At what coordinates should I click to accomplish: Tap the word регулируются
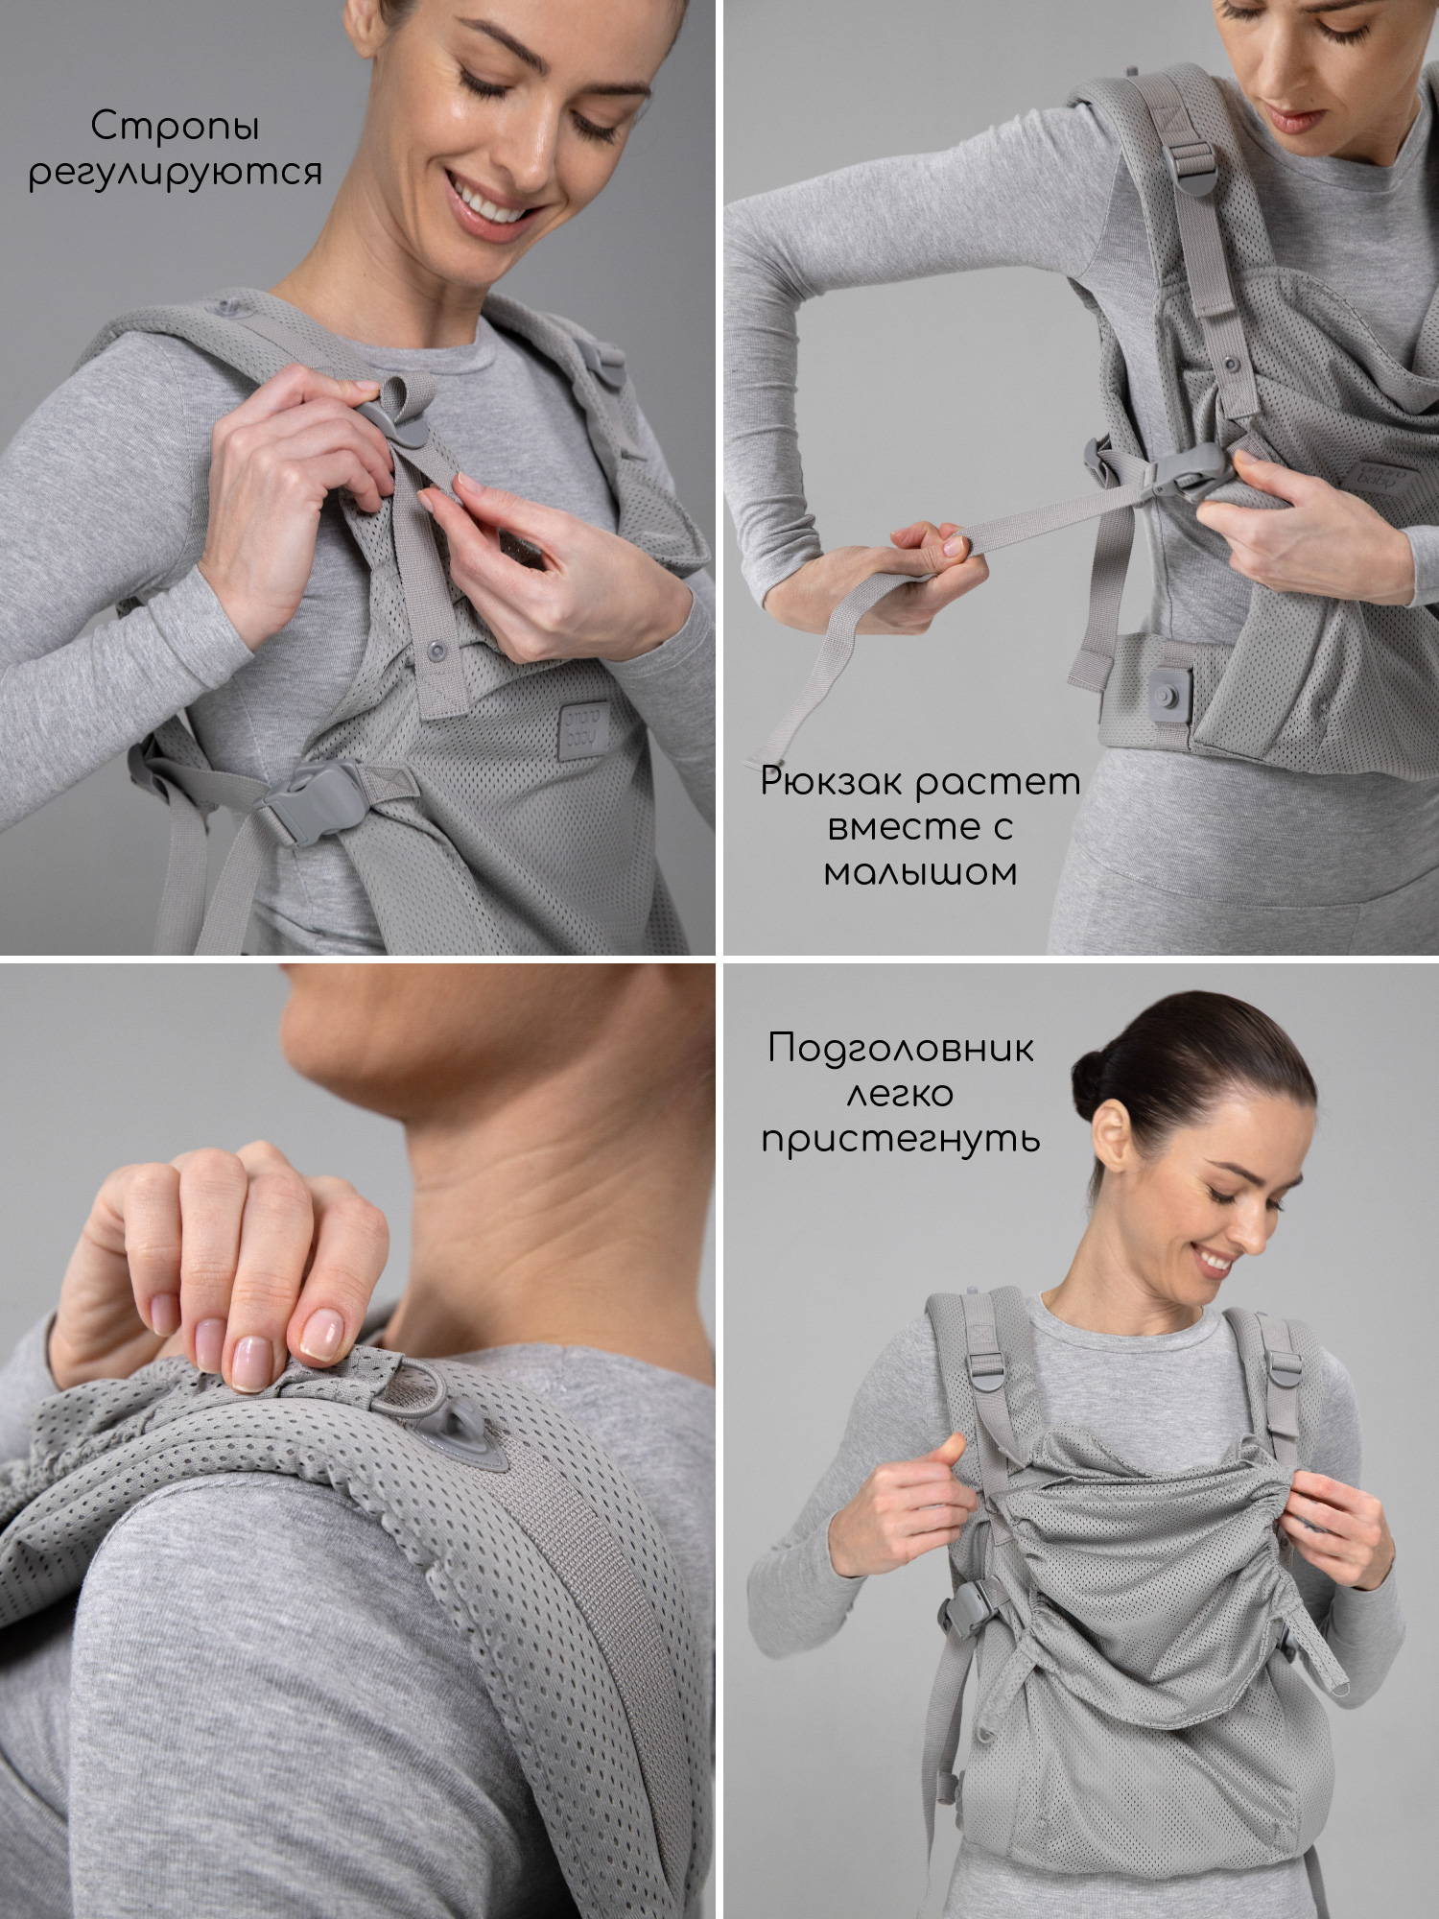click(x=175, y=174)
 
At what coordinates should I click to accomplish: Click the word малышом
click(x=921, y=872)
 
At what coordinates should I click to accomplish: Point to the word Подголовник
click(x=901, y=1049)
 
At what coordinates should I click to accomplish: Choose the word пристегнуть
click(x=901, y=1140)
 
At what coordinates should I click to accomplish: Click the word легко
click(x=901, y=1094)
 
